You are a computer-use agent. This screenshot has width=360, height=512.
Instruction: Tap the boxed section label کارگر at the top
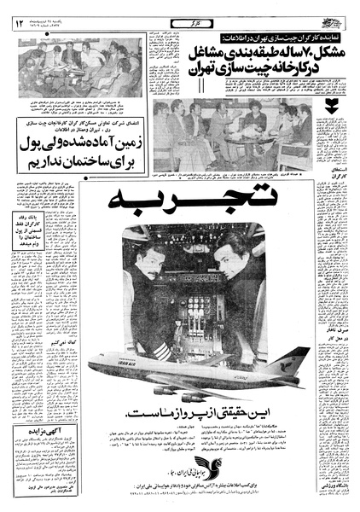(180, 18)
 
